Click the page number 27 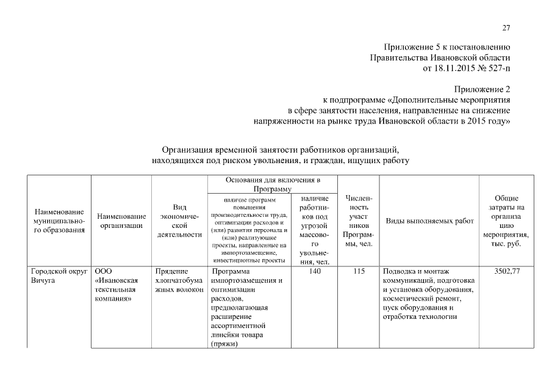[x=506, y=27]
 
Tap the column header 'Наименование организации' [x=121, y=221]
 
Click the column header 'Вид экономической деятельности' [x=179, y=221]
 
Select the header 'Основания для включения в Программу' [x=273, y=185]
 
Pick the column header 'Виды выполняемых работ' [x=430, y=221]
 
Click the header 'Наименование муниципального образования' [x=60, y=221]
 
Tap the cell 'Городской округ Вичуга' [x=60, y=276]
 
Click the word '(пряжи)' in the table [x=223, y=344]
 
